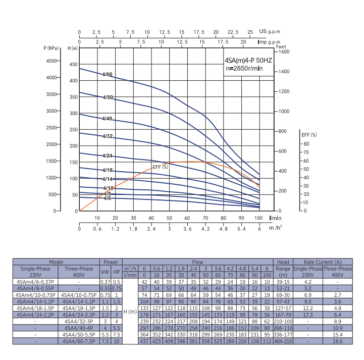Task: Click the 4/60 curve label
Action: [107, 75]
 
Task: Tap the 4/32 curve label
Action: [107, 137]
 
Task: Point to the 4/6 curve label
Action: [107, 198]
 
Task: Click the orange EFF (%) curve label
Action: [161, 166]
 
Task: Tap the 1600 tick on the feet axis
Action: [284, 52]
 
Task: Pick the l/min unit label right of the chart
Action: [275, 218]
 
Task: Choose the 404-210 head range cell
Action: [284, 341]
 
